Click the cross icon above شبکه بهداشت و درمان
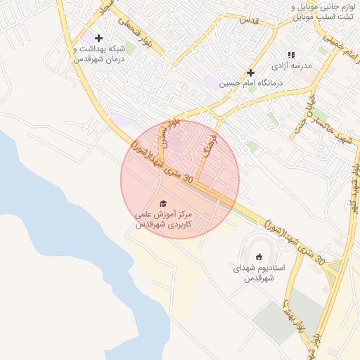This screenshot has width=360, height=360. coord(98,38)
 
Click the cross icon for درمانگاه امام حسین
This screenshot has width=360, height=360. coord(250,72)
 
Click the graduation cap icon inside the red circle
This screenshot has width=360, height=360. coord(164,202)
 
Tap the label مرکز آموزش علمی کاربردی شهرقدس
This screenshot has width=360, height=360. coord(163,219)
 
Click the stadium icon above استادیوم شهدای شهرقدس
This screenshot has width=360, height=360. coord(259,257)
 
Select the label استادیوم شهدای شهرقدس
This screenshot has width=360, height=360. coord(259,274)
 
